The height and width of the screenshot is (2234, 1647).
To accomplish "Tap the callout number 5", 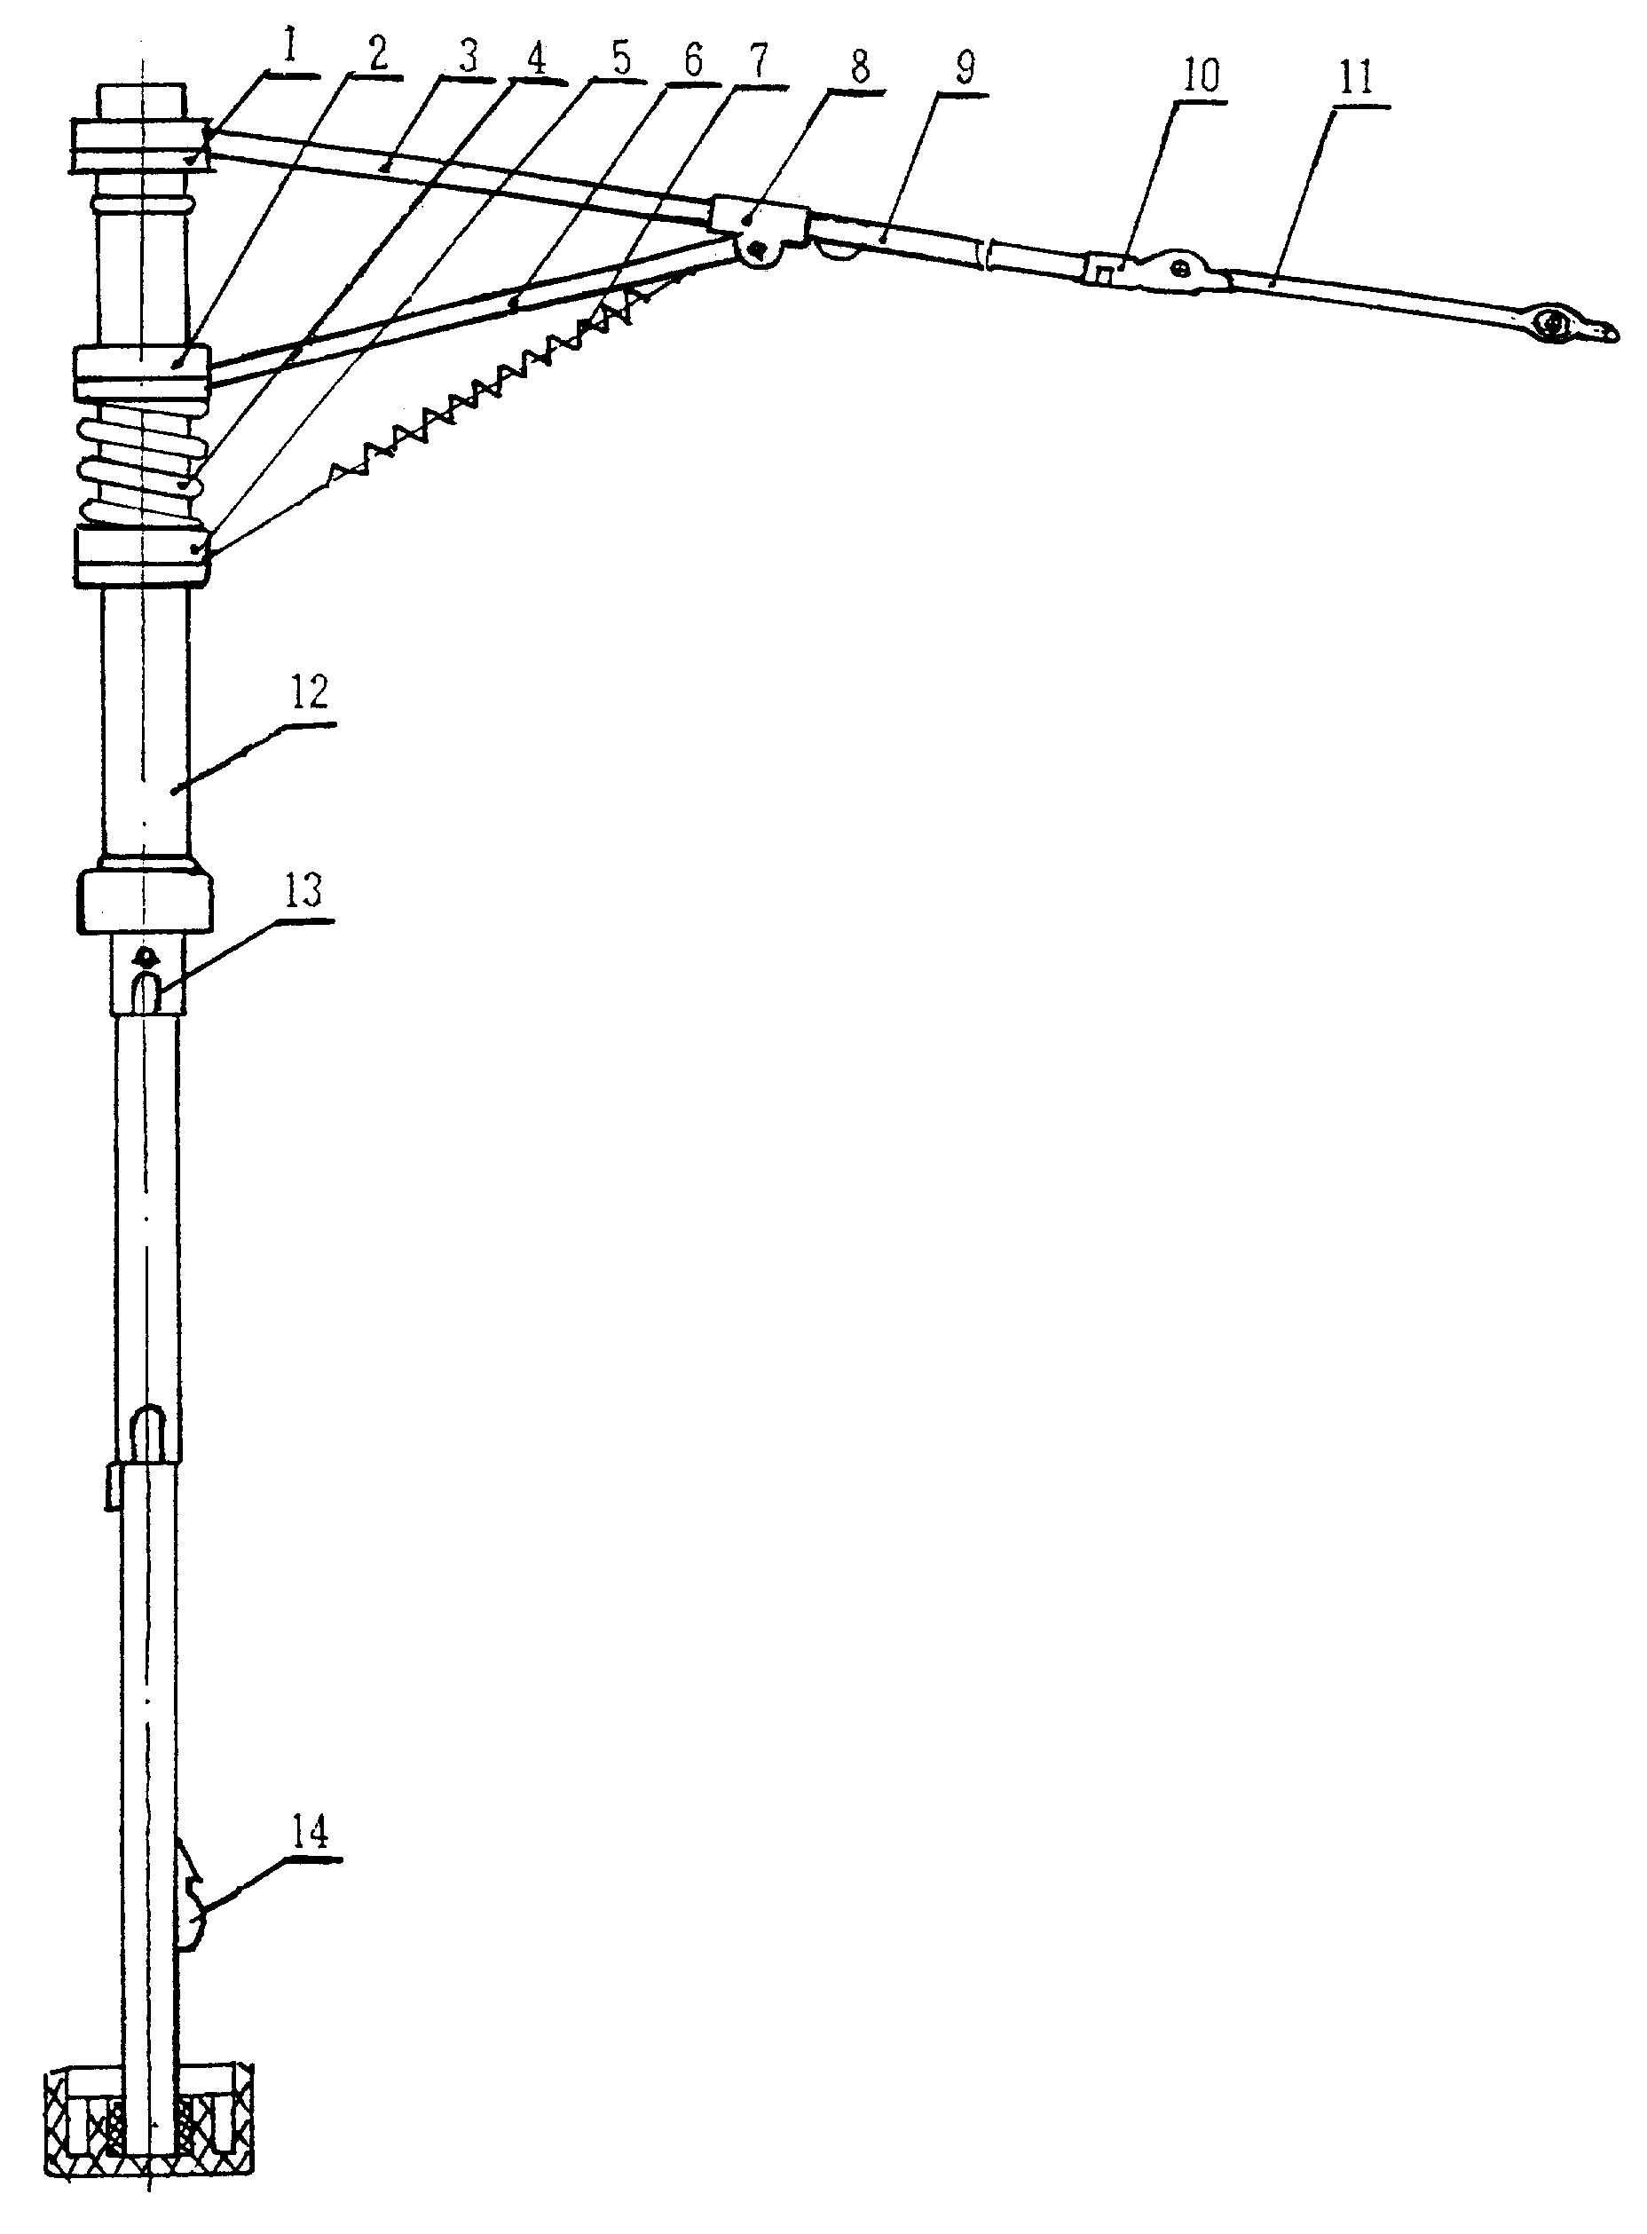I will click(x=620, y=61).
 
